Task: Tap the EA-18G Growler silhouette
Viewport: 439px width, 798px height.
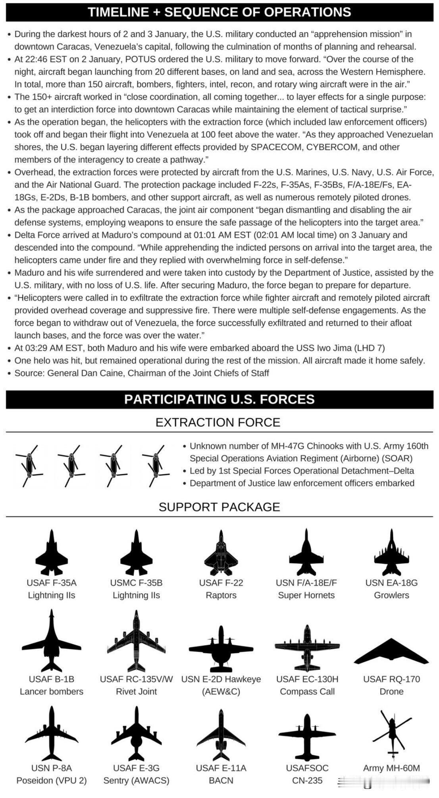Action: pos(391,552)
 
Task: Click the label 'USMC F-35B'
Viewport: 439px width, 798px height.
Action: pos(136,583)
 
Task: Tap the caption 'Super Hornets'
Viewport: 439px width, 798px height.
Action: pos(306,595)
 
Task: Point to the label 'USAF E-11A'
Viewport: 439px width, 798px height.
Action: pos(221,768)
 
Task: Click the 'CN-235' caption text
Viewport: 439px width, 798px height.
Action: pos(307,781)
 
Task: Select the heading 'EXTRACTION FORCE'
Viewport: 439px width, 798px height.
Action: pos(218,422)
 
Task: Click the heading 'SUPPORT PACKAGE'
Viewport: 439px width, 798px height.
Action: pos(219,507)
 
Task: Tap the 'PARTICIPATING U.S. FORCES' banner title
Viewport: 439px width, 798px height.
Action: pos(219,399)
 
